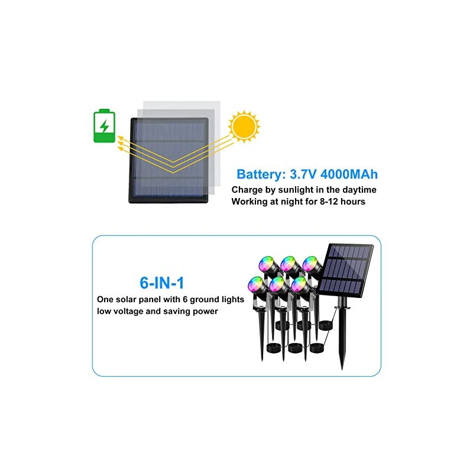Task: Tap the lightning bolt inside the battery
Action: pyautogui.click(x=105, y=127)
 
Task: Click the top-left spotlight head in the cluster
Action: pyautogui.click(x=265, y=264)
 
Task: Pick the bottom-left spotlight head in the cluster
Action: pyautogui.click(x=256, y=284)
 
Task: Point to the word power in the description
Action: pyautogui.click(x=202, y=311)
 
